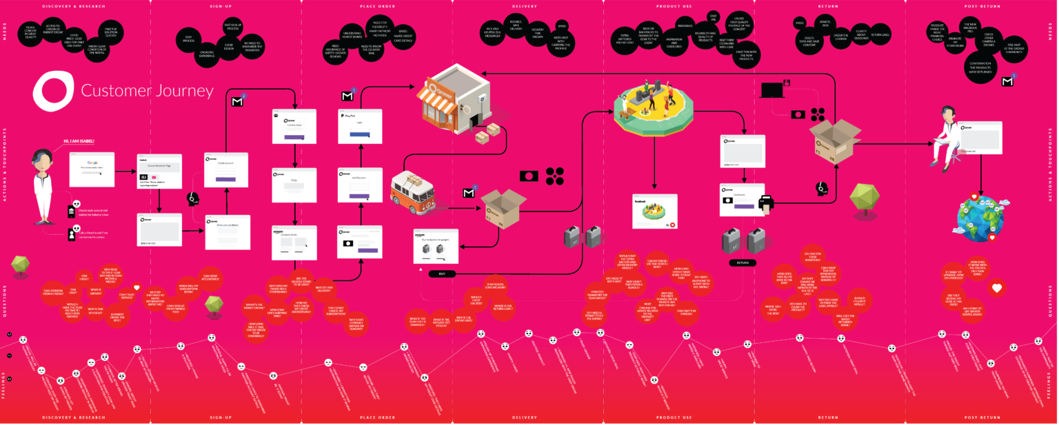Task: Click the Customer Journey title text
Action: pyautogui.click(x=147, y=91)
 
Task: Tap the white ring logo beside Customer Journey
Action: pyautogui.click(x=52, y=92)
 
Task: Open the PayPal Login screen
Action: pyautogui.click(x=360, y=126)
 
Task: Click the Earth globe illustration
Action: pyautogui.click(x=979, y=216)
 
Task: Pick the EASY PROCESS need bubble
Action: pyautogui.click(x=189, y=39)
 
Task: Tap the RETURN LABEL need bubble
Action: pyautogui.click(x=880, y=34)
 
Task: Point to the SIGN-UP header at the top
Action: pyautogui.click(x=225, y=6)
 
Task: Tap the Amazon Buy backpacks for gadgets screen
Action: pyautogui.click(x=436, y=245)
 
